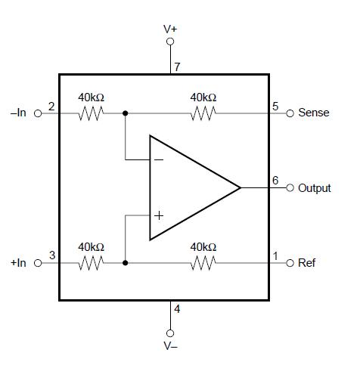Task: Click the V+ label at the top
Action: [x=170, y=28]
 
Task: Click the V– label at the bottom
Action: [x=170, y=346]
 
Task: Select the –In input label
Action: [x=17, y=113]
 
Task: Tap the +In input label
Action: [x=17, y=263]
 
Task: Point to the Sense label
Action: [x=314, y=113]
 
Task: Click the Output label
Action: [x=315, y=188]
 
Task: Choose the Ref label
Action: [x=307, y=263]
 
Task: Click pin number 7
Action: [x=177, y=67]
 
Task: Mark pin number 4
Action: [x=177, y=308]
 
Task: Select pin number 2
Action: [x=51, y=106]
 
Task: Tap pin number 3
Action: [x=51, y=255]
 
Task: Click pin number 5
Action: [x=276, y=106]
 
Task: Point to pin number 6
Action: [x=276, y=180]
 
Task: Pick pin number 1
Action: [x=276, y=255]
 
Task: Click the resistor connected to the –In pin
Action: [x=92, y=113]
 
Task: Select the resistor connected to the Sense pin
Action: [x=203, y=113]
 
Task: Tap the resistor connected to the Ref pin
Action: [x=203, y=263]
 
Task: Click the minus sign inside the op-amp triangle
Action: [x=159, y=160]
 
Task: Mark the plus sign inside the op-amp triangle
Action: [x=159, y=215]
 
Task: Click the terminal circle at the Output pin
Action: [x=290, y=188]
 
